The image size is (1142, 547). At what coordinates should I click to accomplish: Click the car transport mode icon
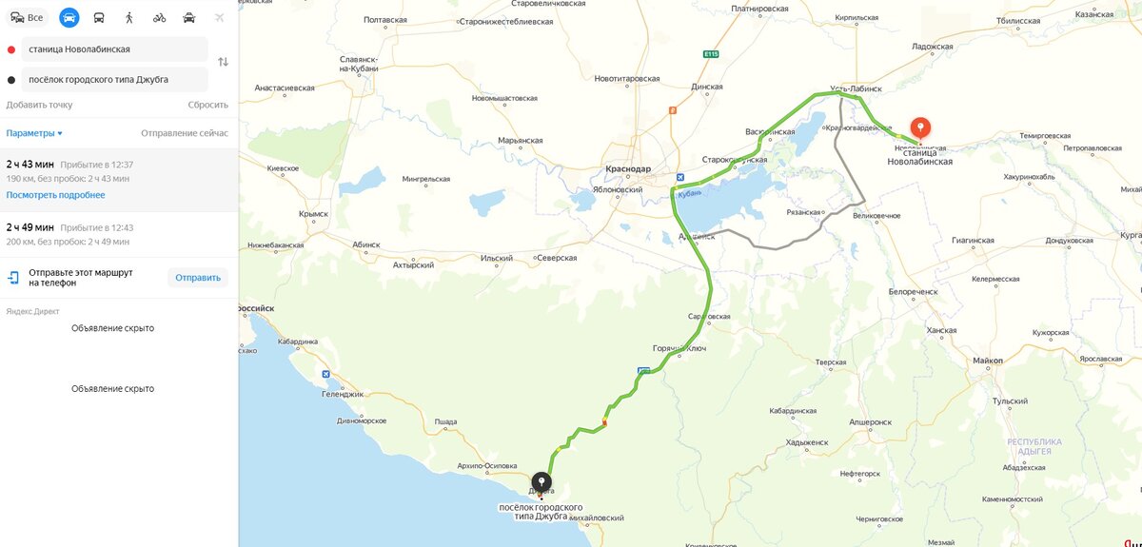point(69,17)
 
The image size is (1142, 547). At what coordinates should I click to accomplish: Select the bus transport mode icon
point(99,17)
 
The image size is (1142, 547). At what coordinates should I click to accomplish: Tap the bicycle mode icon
point(159,17)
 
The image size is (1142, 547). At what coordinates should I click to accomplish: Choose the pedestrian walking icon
point(129,17)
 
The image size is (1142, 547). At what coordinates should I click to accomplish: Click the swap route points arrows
point(223,62)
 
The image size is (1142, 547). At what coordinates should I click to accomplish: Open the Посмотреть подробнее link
point(55,195)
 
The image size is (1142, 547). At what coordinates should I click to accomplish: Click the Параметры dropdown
point(34,133)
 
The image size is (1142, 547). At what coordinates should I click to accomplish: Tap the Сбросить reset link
point(207,105)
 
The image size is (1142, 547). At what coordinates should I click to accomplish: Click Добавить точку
point(39,105)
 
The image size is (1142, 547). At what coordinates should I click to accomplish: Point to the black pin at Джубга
point(541,483)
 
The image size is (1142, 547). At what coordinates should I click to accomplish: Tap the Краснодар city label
point(628,169)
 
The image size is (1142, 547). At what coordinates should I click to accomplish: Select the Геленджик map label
point(344,394)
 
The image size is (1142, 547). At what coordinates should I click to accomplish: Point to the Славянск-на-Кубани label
point(359,63)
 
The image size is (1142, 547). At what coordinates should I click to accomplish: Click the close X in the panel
point(220,17)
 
